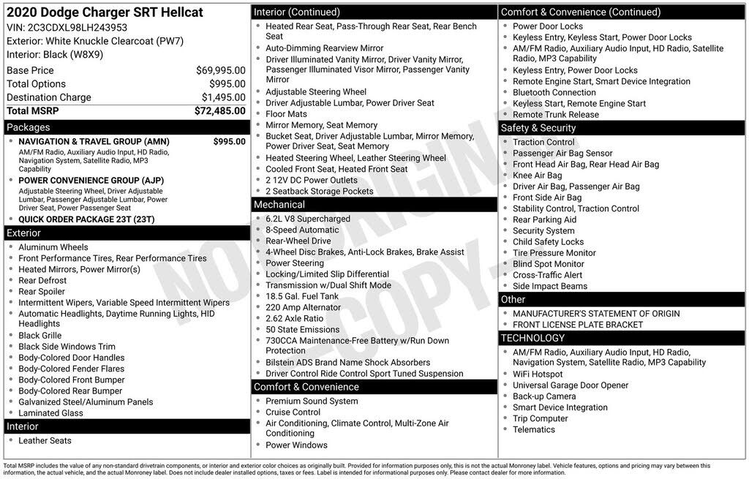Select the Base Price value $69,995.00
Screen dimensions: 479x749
(220, 71)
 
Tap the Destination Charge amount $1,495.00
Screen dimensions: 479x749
(223, 97)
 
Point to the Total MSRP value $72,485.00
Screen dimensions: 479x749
(219, 111)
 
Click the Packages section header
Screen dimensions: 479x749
(29, 127)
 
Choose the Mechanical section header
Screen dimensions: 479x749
(279, 205)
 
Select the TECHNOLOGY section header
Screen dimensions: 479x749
(532, 338)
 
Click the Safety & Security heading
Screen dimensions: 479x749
(538, 128)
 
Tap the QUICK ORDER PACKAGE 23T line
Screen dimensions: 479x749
(86, 219)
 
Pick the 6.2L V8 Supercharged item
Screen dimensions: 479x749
(308, 219)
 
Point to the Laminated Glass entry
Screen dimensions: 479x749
(50, 413)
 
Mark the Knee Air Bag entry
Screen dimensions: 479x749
(538, 176)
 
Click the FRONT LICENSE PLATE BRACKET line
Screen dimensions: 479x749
(578, 325)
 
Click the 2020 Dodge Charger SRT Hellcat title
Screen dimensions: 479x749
(105, 12)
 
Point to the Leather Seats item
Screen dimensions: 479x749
(45, 441)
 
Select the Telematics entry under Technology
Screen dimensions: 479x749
(534, 430)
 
